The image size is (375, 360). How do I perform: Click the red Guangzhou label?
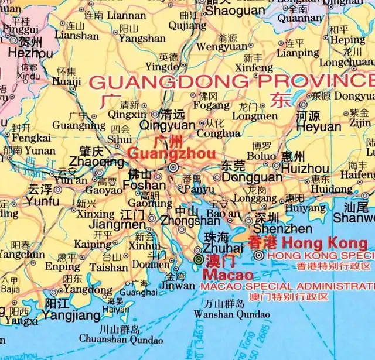coord(156,154)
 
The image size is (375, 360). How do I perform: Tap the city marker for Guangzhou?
coord(173,167)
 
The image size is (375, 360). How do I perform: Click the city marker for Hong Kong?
coord(258,255)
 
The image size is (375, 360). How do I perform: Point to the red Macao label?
coord(228,275)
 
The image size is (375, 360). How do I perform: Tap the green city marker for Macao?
coord(198,259)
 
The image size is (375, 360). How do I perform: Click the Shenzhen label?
coord(282,229)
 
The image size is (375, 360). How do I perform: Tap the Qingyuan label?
coord(168,125)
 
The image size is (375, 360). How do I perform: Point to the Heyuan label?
coord(319,126)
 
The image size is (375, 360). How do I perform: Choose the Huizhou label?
coord(305,169)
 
